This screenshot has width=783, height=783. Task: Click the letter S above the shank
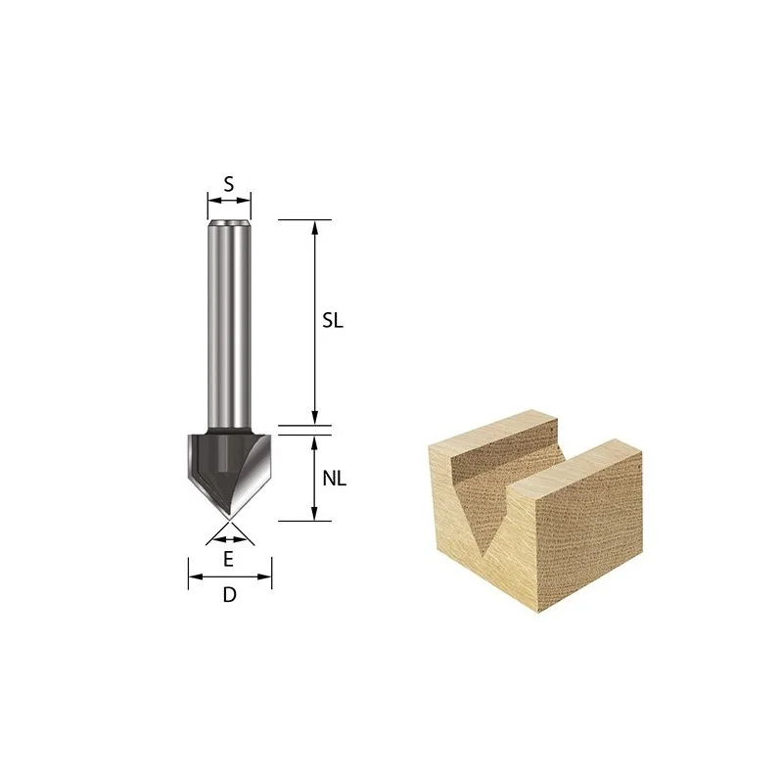229,184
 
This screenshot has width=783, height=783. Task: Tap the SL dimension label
333,321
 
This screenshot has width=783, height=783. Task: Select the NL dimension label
334,479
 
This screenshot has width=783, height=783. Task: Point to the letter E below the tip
228,559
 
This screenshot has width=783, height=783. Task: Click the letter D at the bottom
229,595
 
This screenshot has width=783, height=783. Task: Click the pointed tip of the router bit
229,520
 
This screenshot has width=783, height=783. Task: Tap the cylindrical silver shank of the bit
229,325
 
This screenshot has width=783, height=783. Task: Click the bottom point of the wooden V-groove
484,555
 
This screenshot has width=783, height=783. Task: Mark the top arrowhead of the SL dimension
314,226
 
